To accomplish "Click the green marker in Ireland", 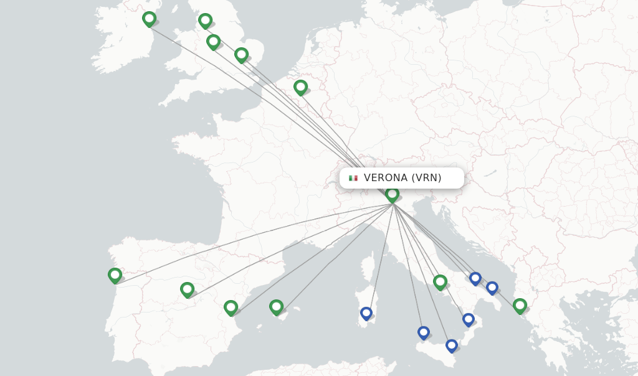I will pos(149,19).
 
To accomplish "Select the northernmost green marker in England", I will pos(205,21).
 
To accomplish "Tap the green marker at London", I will pos(241,55).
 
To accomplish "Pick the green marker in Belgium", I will pos(300,87).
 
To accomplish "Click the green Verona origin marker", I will pos(392,194).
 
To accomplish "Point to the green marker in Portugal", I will pos(115,275).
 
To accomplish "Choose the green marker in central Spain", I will pos(187,289).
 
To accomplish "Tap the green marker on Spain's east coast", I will pos(231,307).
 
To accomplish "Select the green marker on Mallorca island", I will pos(276,306).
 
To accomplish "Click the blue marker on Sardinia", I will pos(366,313).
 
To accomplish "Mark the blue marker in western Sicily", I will pos(424,332).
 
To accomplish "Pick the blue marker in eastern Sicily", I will pos(452,345).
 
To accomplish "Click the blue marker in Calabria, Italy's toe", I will pos(469,319).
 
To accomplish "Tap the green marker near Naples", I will pos(440,281).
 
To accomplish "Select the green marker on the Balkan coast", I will pos(520,305).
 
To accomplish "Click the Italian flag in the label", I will pos(353,178).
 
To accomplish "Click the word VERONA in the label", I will pos(386,178).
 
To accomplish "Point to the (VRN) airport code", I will pos(427,178).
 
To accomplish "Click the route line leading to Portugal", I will pos(249,242).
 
